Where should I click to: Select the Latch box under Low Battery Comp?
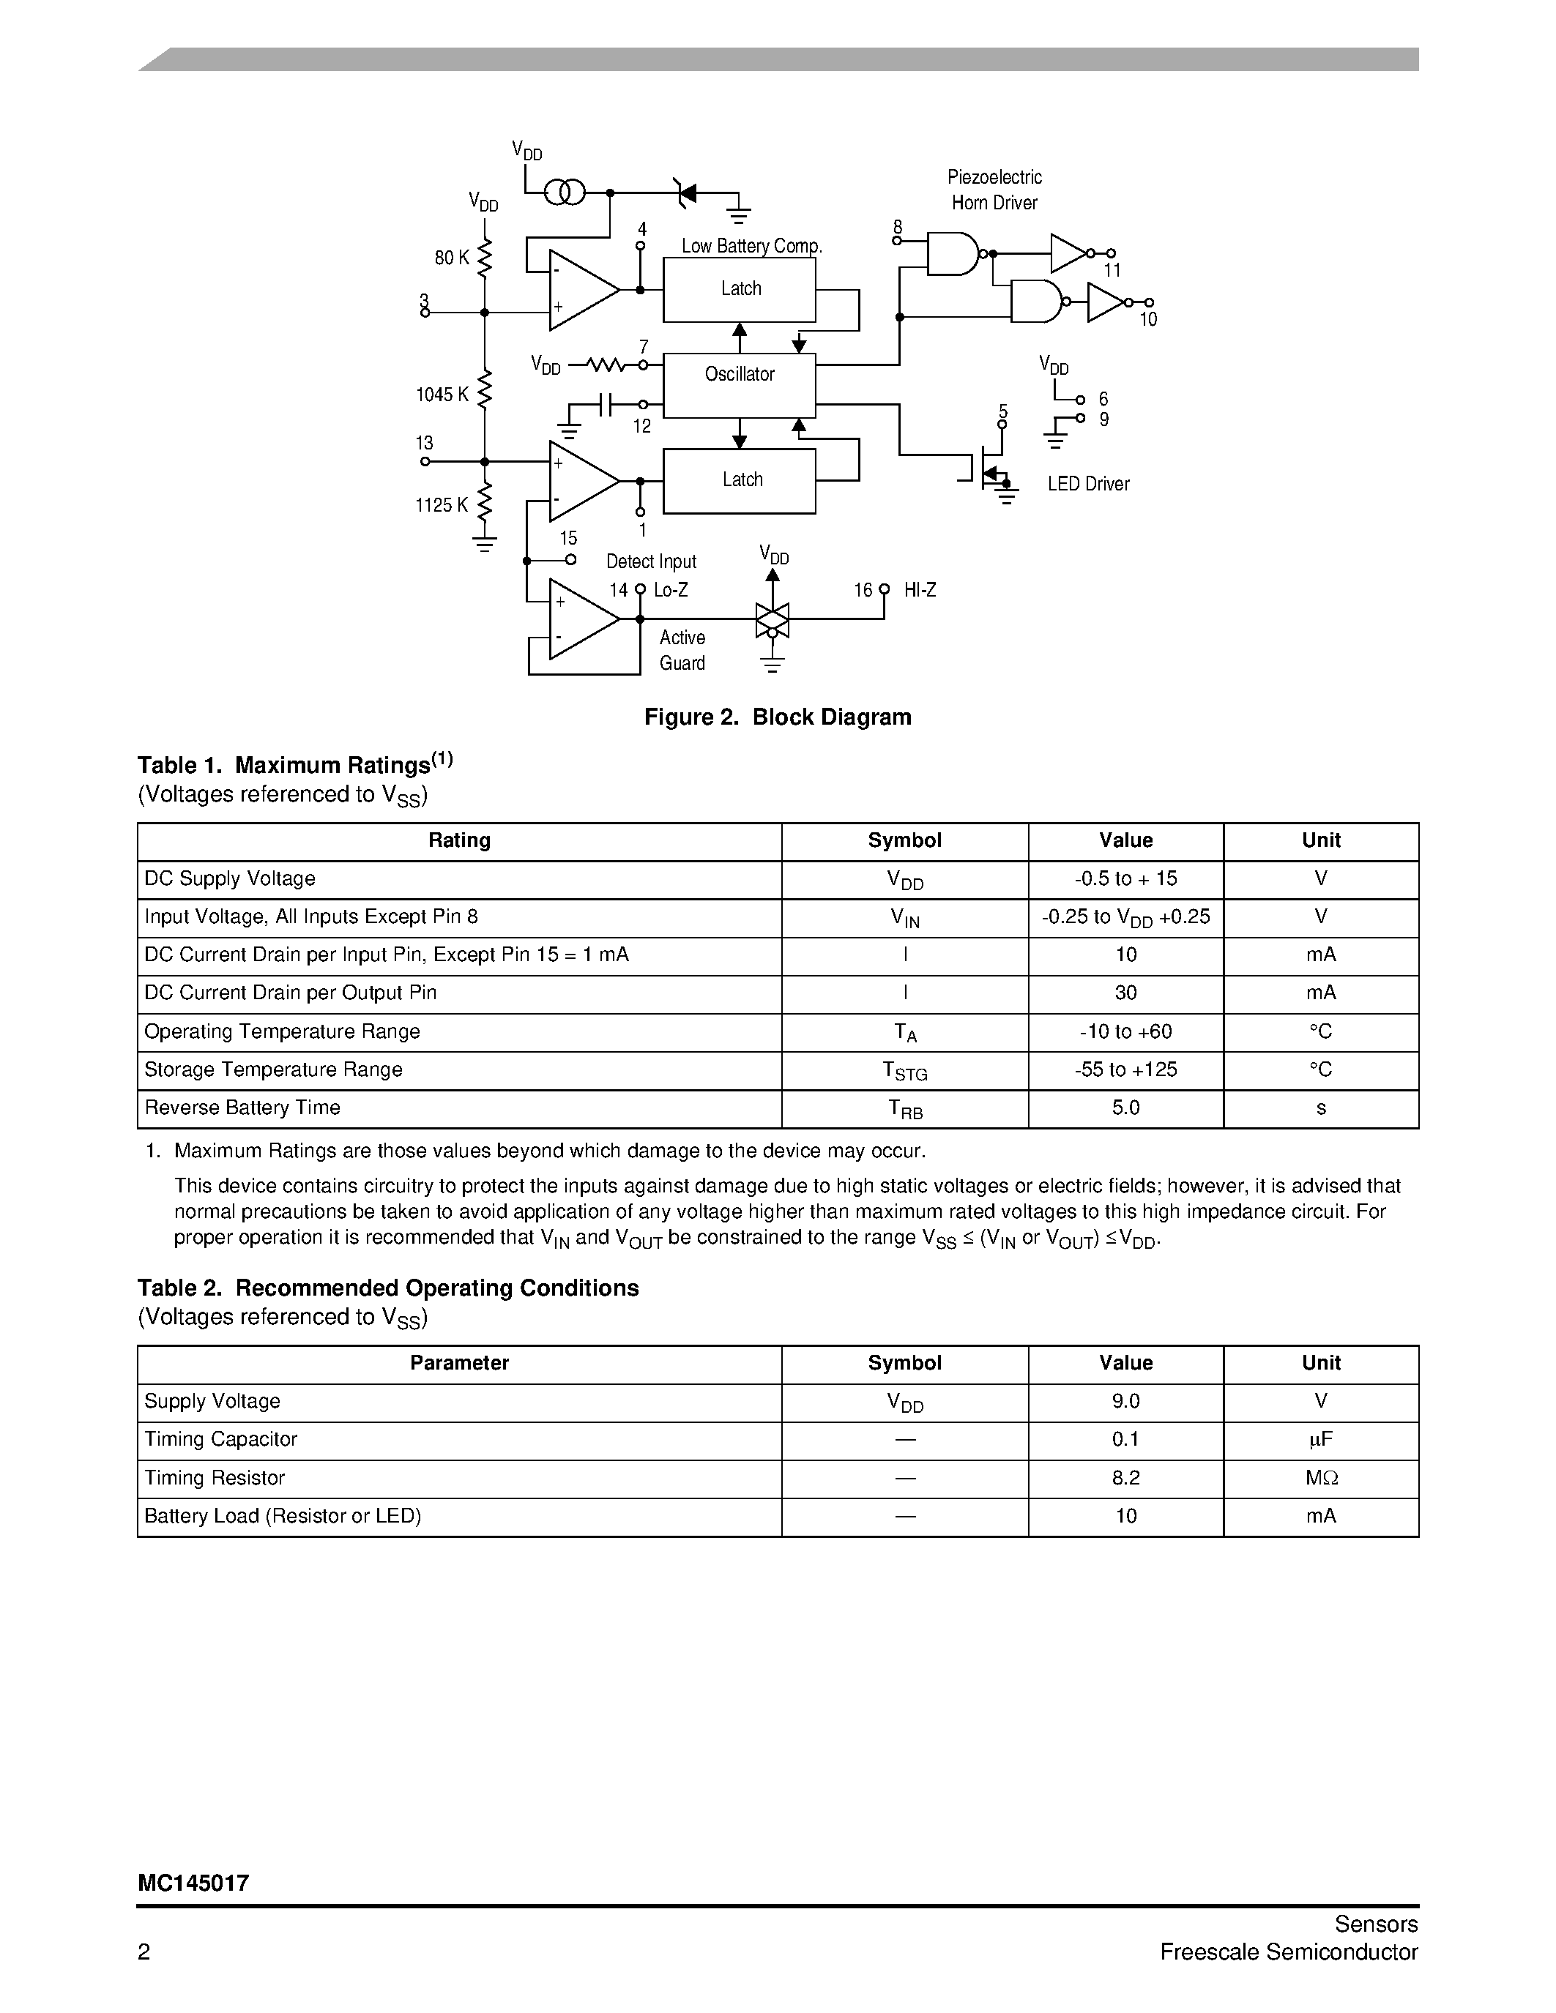740,289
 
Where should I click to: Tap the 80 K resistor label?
452,258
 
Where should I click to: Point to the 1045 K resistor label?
442,395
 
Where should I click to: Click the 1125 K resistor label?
442,505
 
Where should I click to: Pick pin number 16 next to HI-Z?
862,590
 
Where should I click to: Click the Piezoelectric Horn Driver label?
994,190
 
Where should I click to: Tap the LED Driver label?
1087,484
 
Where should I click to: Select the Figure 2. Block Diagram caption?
777,717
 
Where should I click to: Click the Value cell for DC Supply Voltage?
1125,879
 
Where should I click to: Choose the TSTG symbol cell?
904,1070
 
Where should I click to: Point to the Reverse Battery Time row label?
242,1108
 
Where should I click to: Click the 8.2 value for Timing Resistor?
1125,1479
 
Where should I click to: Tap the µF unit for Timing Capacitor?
1320,1440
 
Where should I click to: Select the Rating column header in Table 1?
459,840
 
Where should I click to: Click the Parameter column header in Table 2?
459,1363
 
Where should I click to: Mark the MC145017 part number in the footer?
193,1883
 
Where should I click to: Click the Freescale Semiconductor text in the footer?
1288,1952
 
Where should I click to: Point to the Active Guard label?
682,651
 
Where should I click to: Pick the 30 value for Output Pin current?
1125,993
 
